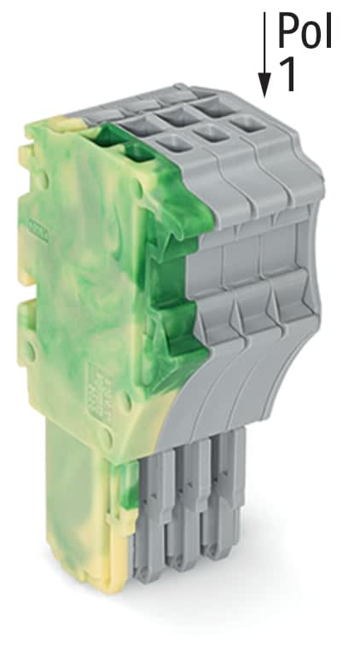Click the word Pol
pos(303,32)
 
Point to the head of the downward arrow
pos(265,84)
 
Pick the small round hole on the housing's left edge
pos(32,347)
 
